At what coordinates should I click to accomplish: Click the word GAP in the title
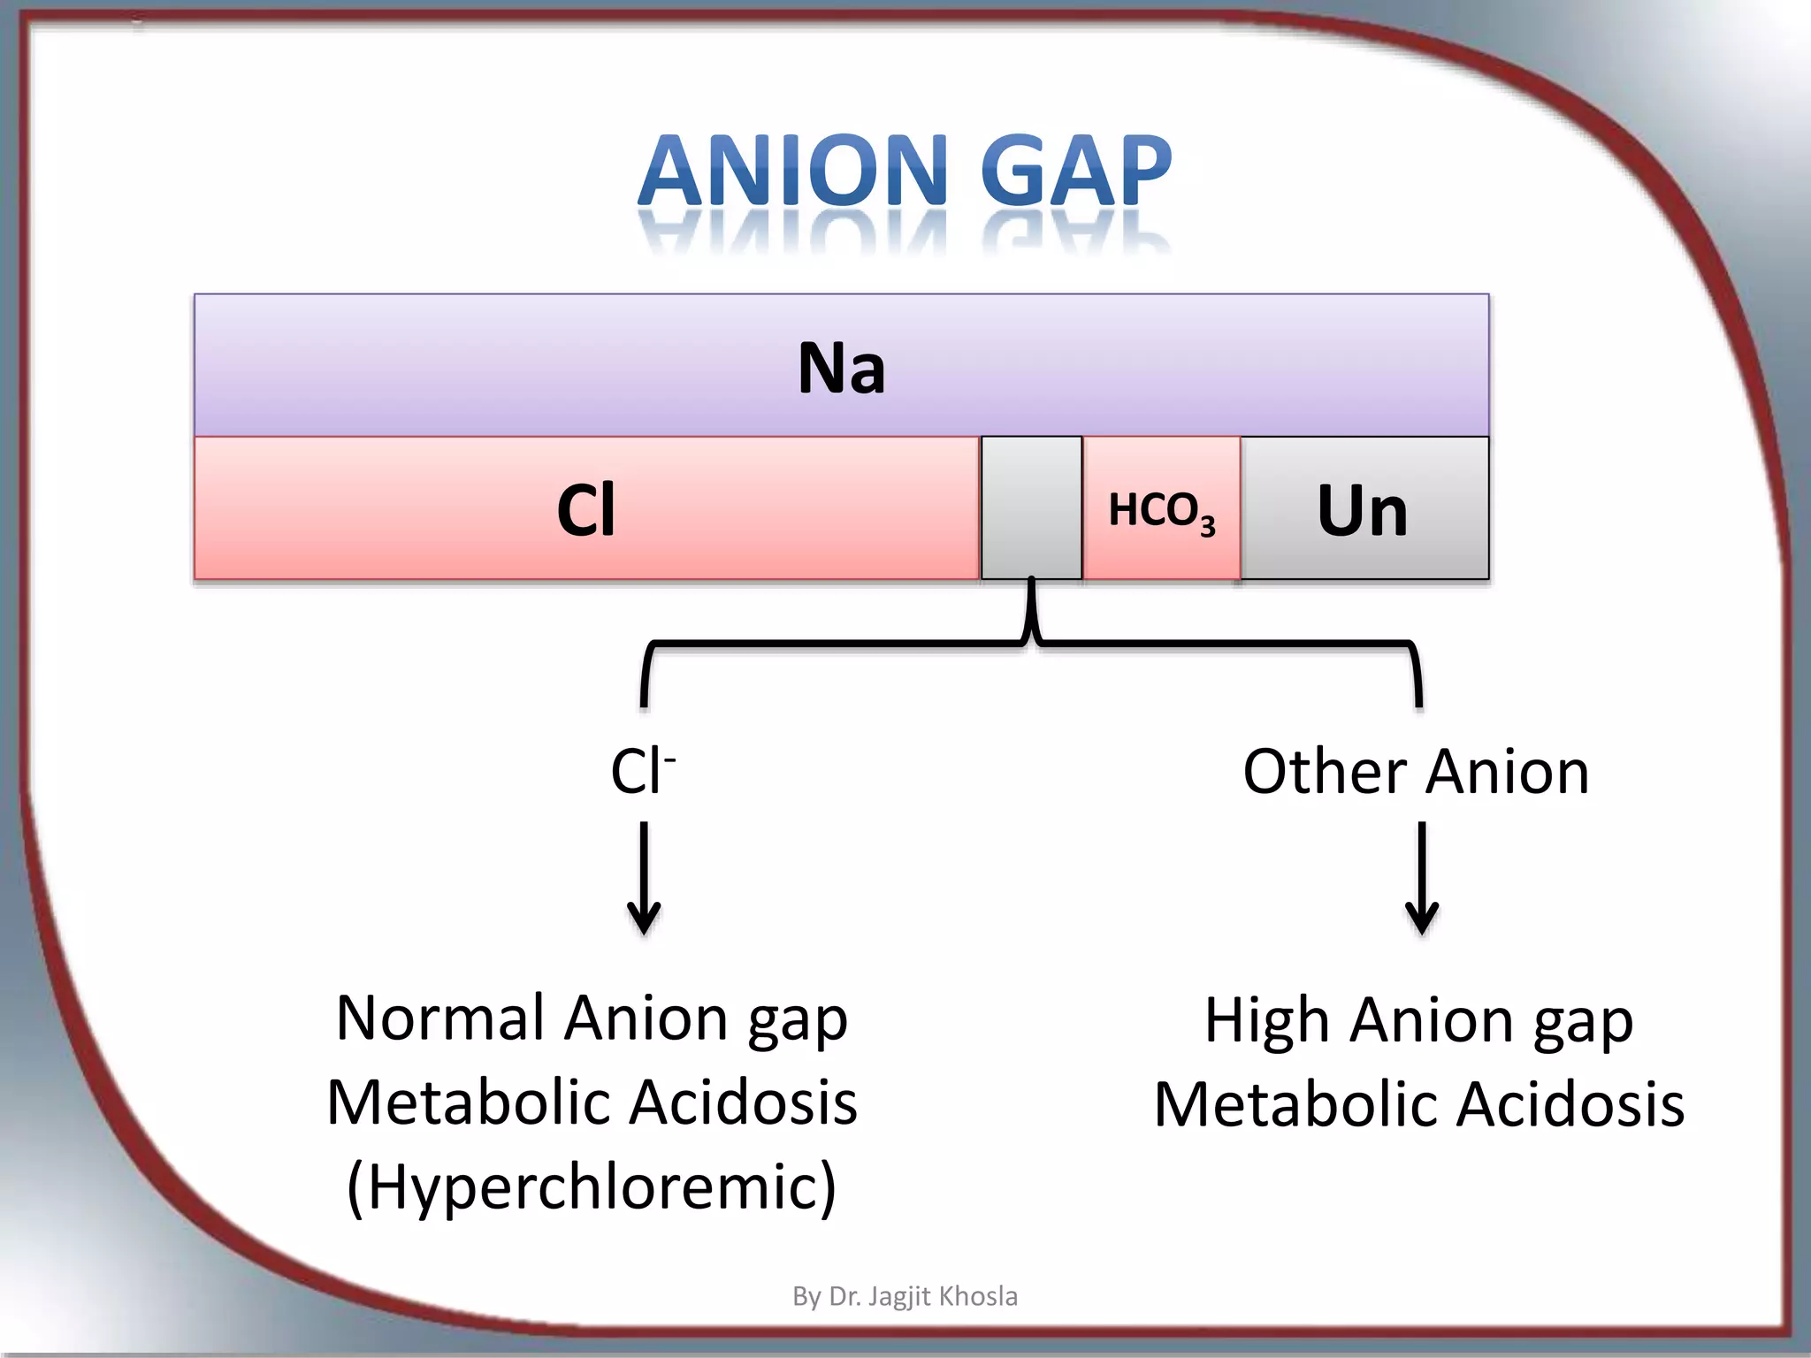[x=1076, y=172]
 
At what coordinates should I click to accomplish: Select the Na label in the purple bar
[x=841, y=368]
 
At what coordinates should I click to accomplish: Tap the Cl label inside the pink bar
[x=585, y=510]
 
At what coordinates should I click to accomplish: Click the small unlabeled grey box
[x=1031, y=507]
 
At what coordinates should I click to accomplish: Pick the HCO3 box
[x=1161, y=510]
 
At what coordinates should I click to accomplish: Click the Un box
[x=1363, y=510]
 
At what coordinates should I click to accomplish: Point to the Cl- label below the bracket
[x=642, y=771]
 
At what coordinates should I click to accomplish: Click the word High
[x=1266, y=1020]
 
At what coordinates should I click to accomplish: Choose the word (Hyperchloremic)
[x=591, y=1186]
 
